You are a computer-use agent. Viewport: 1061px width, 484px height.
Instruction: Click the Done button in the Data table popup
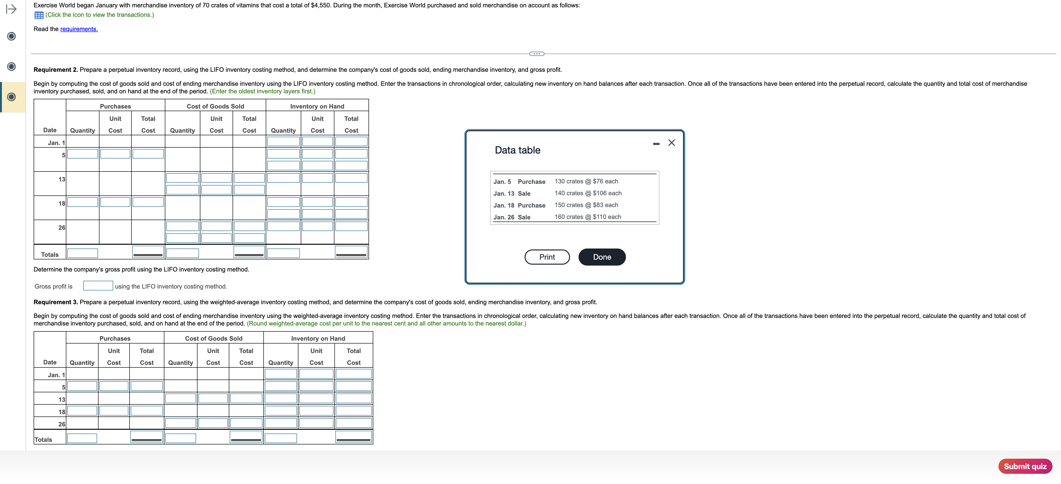point(602,257)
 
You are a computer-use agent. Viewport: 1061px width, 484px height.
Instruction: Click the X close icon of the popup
point(671,143)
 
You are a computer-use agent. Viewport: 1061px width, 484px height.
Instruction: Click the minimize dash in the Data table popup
point(656,144)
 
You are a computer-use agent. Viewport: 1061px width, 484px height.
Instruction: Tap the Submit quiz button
point(1025,466)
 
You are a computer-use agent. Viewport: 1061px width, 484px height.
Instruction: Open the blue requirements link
point(79,29)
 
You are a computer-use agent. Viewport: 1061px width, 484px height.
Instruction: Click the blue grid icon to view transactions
point(39,15)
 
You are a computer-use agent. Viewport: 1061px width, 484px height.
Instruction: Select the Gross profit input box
point(98,286)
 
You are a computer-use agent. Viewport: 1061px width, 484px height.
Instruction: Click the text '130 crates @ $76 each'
point(586,181)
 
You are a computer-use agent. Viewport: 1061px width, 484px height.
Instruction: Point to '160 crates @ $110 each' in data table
point(588,217)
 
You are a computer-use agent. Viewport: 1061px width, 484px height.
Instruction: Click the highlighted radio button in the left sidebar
point(12,97)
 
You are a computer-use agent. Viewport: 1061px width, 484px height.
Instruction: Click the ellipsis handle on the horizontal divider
point(536,54)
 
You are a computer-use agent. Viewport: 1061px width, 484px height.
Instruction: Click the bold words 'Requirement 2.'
point(56,70)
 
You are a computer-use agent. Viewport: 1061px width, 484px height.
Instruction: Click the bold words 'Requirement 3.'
point(56,302)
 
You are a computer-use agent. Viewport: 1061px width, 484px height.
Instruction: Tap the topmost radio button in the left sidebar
point(12,36)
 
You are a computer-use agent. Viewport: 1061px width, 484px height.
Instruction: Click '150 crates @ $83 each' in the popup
point(586,205)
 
